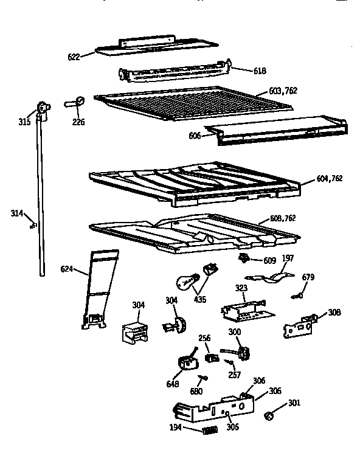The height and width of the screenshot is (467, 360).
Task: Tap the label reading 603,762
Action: [x=283, y=91]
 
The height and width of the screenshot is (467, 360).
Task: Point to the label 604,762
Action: [x=329, y=178]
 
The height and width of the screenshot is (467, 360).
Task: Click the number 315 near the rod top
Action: [x=24, y=122]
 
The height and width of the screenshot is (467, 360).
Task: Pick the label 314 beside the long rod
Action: [x=17, y=213]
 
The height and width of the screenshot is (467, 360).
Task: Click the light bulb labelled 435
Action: [x=184, y=281]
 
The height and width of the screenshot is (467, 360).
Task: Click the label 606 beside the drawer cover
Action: [x=194, y=136]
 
